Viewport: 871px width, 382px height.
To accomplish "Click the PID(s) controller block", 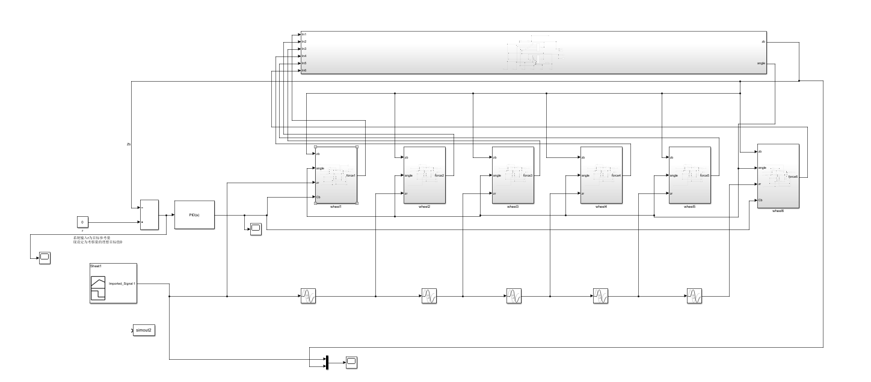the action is [x=194, y=214].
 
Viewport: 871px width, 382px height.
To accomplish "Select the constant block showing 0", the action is [x=82, y=222].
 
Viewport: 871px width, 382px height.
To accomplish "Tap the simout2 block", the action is [x=144, y=330].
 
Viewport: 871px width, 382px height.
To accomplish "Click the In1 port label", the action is [x=304, y=34].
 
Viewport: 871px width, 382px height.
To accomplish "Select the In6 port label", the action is [x=304, y=71].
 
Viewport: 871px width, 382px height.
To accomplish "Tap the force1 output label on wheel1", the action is [x=351, y=175].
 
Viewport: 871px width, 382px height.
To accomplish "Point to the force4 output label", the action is [x=617, y=175].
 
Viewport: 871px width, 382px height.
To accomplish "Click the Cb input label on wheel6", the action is [x=761, y=199].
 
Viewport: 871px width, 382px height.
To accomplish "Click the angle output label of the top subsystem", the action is [x=761, y=63].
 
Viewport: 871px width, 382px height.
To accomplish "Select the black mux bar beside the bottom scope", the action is [x=327, y=362].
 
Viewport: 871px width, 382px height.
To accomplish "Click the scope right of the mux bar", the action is [x=351, y=362].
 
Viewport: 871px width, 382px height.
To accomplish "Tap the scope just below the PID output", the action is [x=255, y=228].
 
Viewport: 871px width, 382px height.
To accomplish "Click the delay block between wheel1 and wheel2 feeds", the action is [x=308, y=296].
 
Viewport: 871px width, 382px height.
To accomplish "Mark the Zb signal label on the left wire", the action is [x=129, y=145].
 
